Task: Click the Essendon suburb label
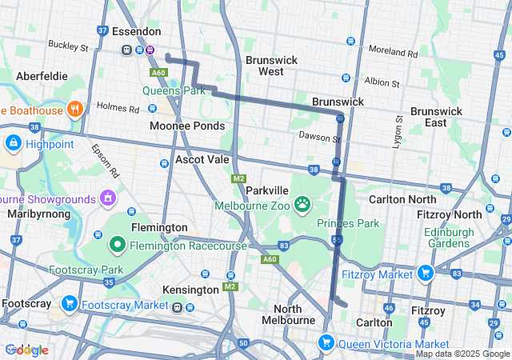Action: (136, 32)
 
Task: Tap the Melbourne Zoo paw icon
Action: (302, 205)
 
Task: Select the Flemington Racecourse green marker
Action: (117, 243)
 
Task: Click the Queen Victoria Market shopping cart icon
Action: (326, 343)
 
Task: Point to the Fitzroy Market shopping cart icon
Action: (424, 274)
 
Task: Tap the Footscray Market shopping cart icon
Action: (70, 304)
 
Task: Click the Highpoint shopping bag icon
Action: (13, 144)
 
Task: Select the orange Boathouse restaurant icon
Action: (74, 109)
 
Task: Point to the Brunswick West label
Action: (271, 66)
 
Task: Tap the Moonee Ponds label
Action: (187, 126)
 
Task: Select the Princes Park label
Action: (347, 223)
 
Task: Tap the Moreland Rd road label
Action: (394, 52)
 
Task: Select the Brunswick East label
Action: (435, 117)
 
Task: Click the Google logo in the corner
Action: (26, 350)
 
